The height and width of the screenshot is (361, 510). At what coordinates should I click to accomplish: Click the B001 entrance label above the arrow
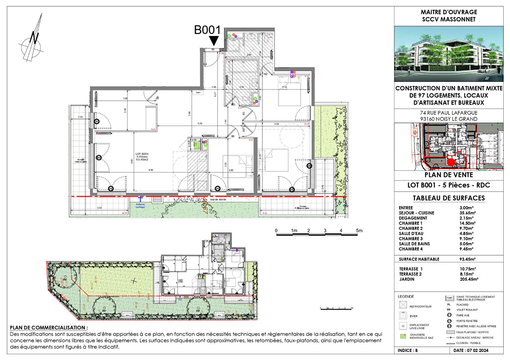point(207,30)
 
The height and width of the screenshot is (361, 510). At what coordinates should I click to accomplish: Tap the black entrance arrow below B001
point(214,41)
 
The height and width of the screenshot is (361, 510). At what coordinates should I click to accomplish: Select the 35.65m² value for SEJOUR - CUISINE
point(467,213)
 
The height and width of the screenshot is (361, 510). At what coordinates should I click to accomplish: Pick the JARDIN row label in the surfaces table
point(407,279)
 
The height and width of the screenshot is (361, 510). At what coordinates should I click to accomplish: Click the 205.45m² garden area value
point(469,279)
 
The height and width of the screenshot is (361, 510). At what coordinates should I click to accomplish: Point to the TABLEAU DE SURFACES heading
point(449,198)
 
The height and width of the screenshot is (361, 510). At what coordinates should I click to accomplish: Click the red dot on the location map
point(451,162)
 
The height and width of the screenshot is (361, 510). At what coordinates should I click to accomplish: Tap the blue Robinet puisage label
point(141,205)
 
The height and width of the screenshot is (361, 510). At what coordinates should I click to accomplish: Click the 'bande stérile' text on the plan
point(218,200)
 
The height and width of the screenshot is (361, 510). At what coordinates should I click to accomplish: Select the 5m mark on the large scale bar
point(359,231)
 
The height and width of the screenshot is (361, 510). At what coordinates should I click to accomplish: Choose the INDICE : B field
point(408,350)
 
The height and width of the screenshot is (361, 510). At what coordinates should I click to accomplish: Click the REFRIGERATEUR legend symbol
point(403,305)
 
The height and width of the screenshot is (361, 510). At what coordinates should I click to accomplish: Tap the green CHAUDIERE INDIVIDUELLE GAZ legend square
point(403,336)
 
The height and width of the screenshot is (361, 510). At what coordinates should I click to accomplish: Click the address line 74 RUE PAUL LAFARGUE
point(449,113)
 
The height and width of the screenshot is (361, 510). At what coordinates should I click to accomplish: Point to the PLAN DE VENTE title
point(449,175)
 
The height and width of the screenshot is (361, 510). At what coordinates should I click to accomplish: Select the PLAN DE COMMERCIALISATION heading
point(49,328)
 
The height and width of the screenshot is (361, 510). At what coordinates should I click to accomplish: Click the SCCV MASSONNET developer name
point(449,19)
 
